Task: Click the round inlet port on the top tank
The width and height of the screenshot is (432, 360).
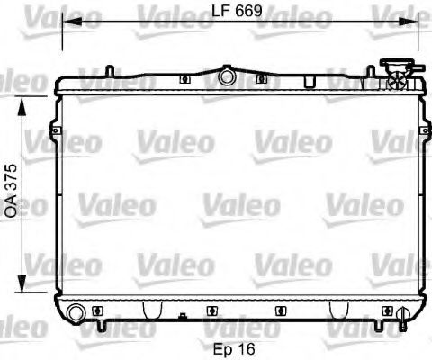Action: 225,78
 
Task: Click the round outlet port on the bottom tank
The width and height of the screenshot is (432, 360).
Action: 77,311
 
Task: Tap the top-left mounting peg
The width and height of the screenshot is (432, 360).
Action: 107,69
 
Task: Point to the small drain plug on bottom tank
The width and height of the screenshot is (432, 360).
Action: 184,316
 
